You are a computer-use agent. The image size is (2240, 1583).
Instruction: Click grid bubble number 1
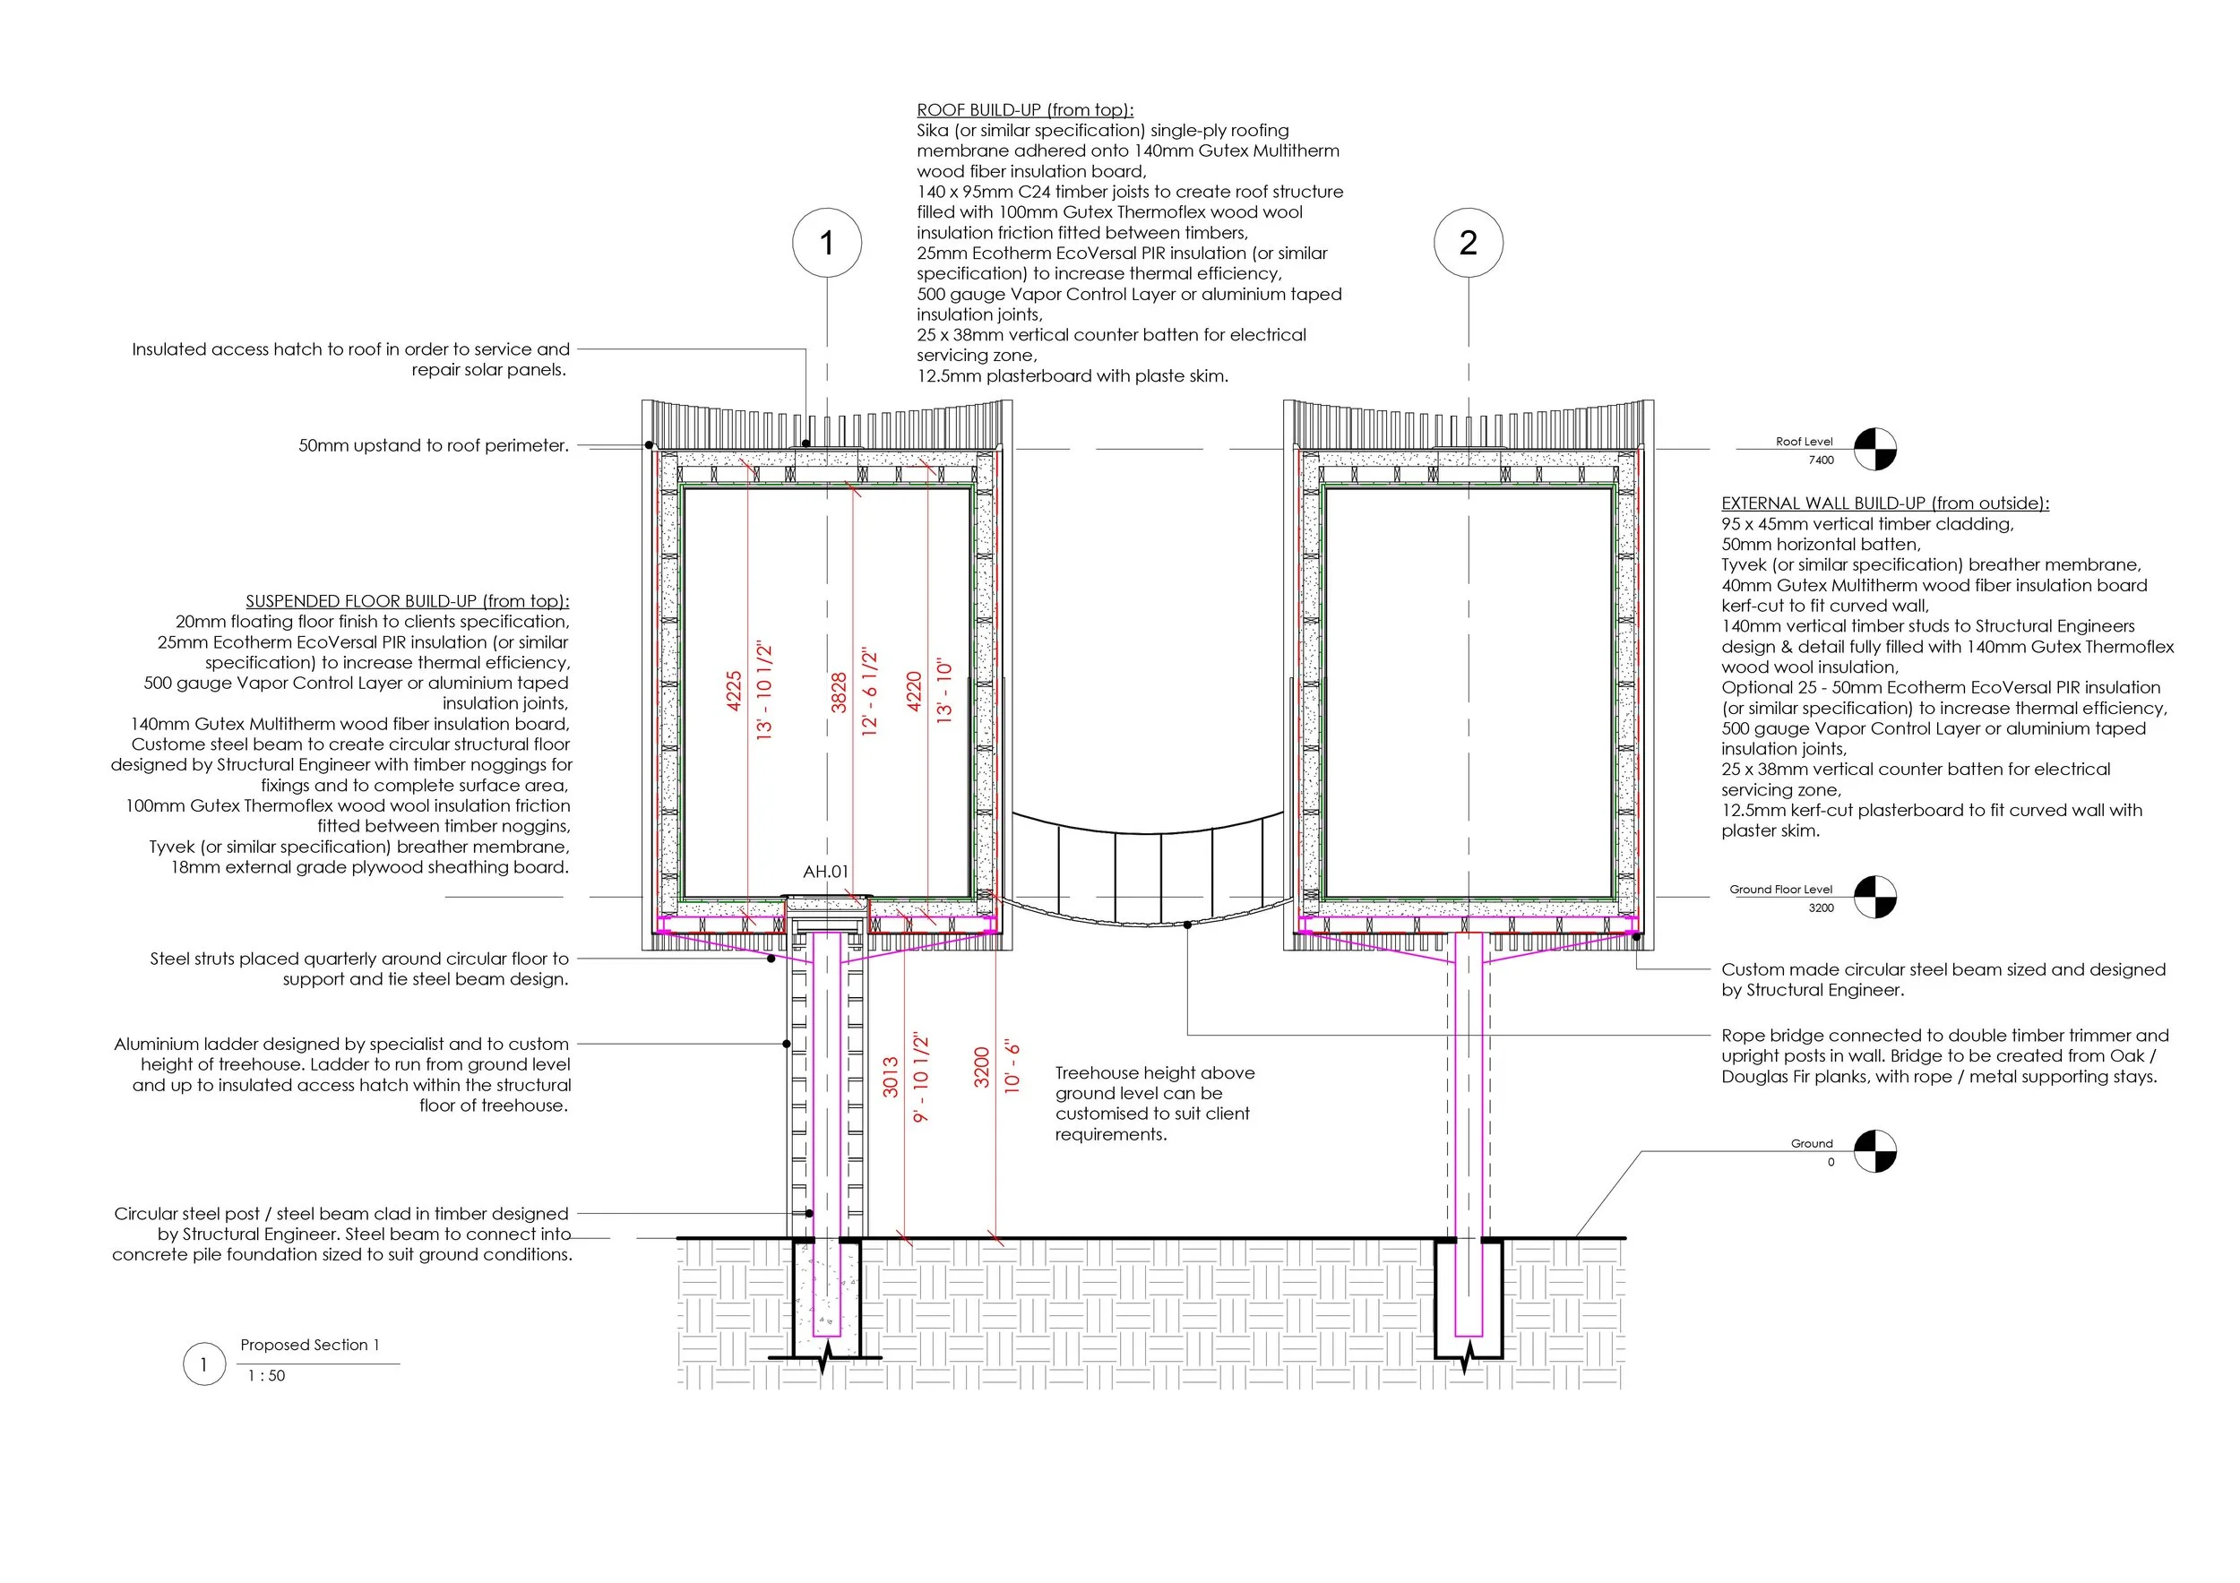click(x=826, y=243)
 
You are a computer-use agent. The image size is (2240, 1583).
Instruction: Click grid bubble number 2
click(x=1468, y=243)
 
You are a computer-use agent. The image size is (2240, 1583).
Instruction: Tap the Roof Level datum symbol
click(x=1874, y=450)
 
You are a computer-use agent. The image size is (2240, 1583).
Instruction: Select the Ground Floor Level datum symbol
click(x=1874, y=898)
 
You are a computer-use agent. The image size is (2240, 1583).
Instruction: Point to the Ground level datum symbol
click(x=1874, y=1151)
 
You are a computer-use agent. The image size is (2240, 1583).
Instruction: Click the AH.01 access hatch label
click(x=825, y=872)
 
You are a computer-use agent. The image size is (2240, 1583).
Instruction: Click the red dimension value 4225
click(x=735, y=691)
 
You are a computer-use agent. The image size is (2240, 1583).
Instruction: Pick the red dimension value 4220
click(x=914, y=691)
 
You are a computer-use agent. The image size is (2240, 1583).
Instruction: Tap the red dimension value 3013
click(x=890, y=1078)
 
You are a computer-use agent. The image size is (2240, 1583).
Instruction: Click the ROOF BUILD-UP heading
click(x=1024, y=110)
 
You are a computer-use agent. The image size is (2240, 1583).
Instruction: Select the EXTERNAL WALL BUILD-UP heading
click(x=1885, y=503)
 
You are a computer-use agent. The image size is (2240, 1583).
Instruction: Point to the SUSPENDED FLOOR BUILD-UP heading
click(x=407, y=601)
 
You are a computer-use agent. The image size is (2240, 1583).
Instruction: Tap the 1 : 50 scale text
click(x=266, y=1376)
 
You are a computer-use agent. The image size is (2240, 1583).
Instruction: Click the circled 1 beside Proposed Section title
click(x=204, y=1364)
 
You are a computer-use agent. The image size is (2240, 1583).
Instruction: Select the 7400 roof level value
click(x=1821, y=460)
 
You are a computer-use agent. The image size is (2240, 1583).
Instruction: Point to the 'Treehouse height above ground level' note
click(x=1154, y=1103)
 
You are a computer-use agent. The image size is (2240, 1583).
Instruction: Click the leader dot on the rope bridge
click(x=1187, y=925)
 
